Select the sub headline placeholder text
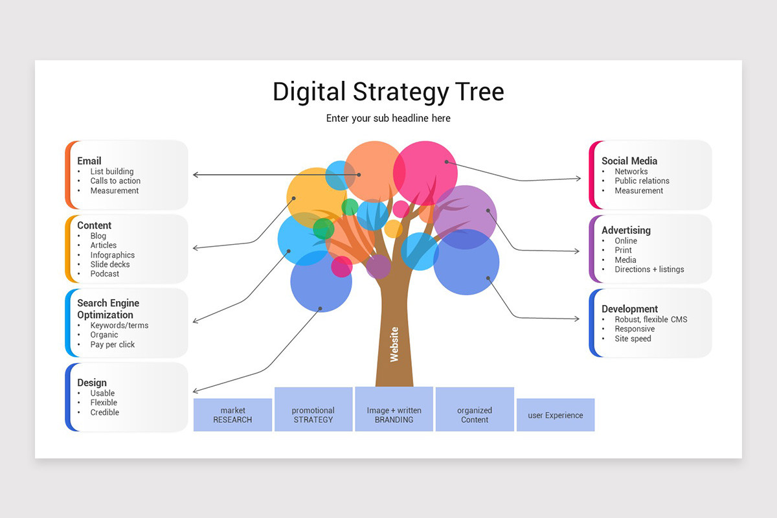(388, 118)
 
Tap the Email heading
(89, 161)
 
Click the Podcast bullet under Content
(105, 274)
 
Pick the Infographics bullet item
(113, 255)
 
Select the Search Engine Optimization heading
(108, 309)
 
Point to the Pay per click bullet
(113, 344)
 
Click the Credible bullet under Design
(105, 412)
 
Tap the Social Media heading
(629, 161)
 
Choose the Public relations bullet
(642, 181)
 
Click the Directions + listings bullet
(649, 269)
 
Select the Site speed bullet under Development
(633, 339)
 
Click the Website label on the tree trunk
(394, 344)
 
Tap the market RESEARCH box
(232, 415)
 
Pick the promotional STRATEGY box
(313, 415)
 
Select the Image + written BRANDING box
(394, 415)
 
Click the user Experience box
(555, 415)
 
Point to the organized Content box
(475, 415)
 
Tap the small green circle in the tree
(350, 207)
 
